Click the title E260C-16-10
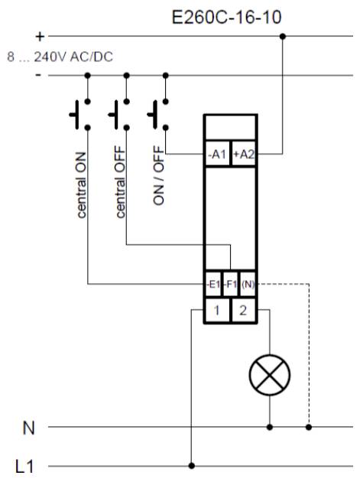click(x=226, y=17)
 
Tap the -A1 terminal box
click(x=217, y=154)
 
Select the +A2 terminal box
click(x=244, y=154)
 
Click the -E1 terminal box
click(x=213, y=285)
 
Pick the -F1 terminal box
click(x=230, y=285)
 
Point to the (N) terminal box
click(x=248, y=285)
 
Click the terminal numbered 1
click(x=217, y=311)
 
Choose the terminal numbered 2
click(x=244, y=311)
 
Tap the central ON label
click(x=81, y=185)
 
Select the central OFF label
click(x=121, y=182)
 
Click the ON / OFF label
click(x=158, y=175)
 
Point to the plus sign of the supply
click(x=40, y=37)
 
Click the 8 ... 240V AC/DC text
click(x=60, y=57)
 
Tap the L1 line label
click(x=24, y=467)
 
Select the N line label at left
click(x=28, y=428)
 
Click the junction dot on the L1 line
click(x=191, y=466)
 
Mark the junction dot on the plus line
click(x=283, y=37)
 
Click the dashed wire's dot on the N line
click(x=309, y=427)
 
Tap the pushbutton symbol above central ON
click(x=80, y=114)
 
